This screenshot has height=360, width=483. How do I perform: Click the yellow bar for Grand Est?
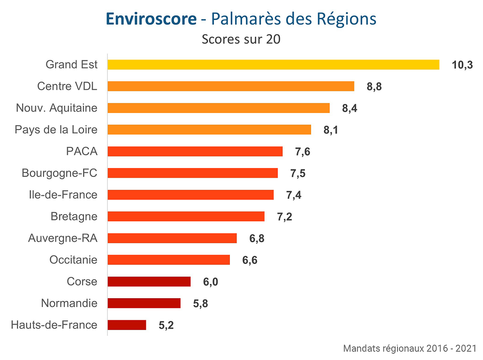tap(273, 65)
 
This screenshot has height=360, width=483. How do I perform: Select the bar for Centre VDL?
tap(230, 86)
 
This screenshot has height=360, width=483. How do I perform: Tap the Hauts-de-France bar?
tap(127, 325)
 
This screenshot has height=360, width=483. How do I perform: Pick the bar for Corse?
tap(149, 282)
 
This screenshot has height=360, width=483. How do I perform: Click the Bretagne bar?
tap(185, 216)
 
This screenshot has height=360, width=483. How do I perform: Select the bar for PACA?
tap(195, 152)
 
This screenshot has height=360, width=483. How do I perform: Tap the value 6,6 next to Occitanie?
tap(250, 260)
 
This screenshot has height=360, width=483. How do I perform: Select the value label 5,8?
tap(200, 304)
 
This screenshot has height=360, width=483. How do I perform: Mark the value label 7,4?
tap(294, 195)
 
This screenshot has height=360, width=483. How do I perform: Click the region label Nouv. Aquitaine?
tap(57, 108)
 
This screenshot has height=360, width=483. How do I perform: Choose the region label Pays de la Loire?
tap(56, 130)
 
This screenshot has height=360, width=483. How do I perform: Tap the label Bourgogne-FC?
tap(59, 173)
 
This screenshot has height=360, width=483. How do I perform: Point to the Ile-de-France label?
tap(63, 195)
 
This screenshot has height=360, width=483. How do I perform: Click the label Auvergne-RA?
tap(63, 238)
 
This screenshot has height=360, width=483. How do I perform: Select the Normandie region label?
tap(69, 303)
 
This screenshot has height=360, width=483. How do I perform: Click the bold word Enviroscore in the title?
tap(151, 19)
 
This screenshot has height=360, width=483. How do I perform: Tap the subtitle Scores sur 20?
tap(241, 39)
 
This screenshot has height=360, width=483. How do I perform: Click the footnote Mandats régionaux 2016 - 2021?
tap(410, 348)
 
